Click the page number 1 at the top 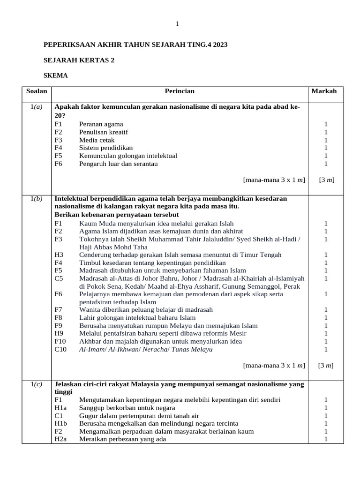tap(177, 24)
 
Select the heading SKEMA tap(55, 75)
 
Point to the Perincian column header tap(180, 91)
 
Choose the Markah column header tap(324, 91)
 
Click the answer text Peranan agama tap(101, 124)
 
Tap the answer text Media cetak tap(97, 140)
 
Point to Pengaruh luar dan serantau tap(118, 164)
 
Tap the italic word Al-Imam tap(92, 349)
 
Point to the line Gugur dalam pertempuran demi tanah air tap(139, 415)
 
